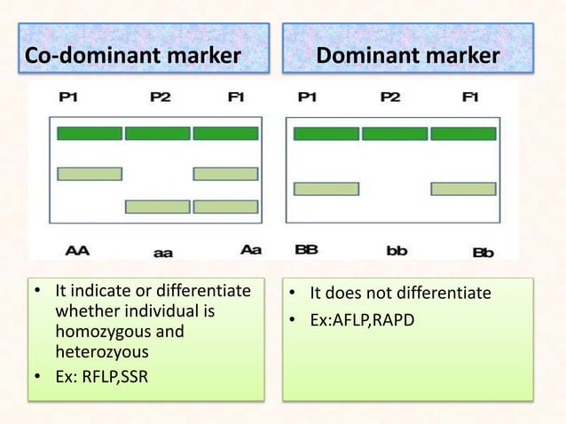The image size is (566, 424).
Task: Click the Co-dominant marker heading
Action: (x=132, y=56)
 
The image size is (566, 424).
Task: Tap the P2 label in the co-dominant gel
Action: (x=160, y=98)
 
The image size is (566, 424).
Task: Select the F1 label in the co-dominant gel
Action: (x=235, y=98)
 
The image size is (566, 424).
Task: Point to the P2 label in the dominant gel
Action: (x=390, y=98)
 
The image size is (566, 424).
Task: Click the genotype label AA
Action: (x=77, y=250)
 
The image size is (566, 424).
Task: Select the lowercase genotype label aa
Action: (x=162, y=252)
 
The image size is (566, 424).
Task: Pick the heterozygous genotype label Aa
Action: (x=251, y=250)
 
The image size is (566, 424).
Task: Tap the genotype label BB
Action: (x=306, y=250)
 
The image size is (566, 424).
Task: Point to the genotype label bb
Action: (x=397, y=251)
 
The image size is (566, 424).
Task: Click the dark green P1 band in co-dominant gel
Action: (x=90, y=133)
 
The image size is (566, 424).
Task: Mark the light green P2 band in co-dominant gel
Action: (x=157, y=207)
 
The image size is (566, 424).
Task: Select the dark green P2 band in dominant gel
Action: (x=394, y=134)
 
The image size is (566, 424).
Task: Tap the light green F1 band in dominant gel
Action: (x=462, y=189)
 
